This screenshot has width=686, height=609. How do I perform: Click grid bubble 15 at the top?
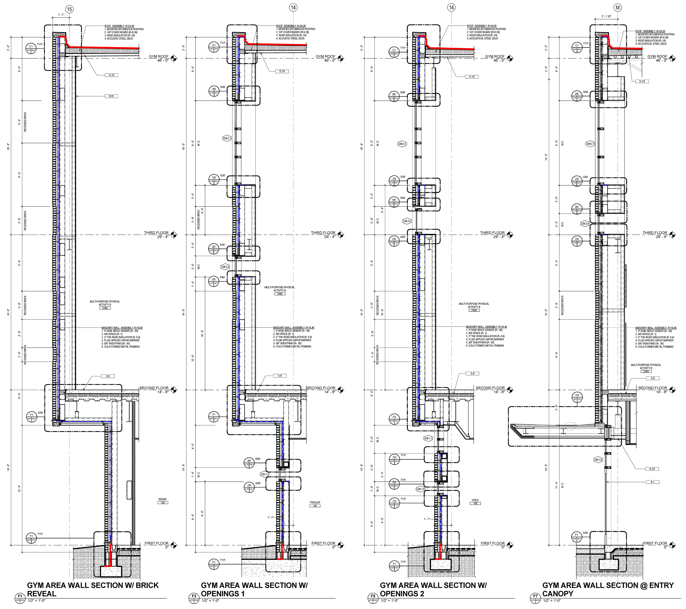point(69,9)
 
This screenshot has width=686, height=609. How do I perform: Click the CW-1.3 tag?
point(264,474)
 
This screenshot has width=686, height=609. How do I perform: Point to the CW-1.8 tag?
point(598,460)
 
